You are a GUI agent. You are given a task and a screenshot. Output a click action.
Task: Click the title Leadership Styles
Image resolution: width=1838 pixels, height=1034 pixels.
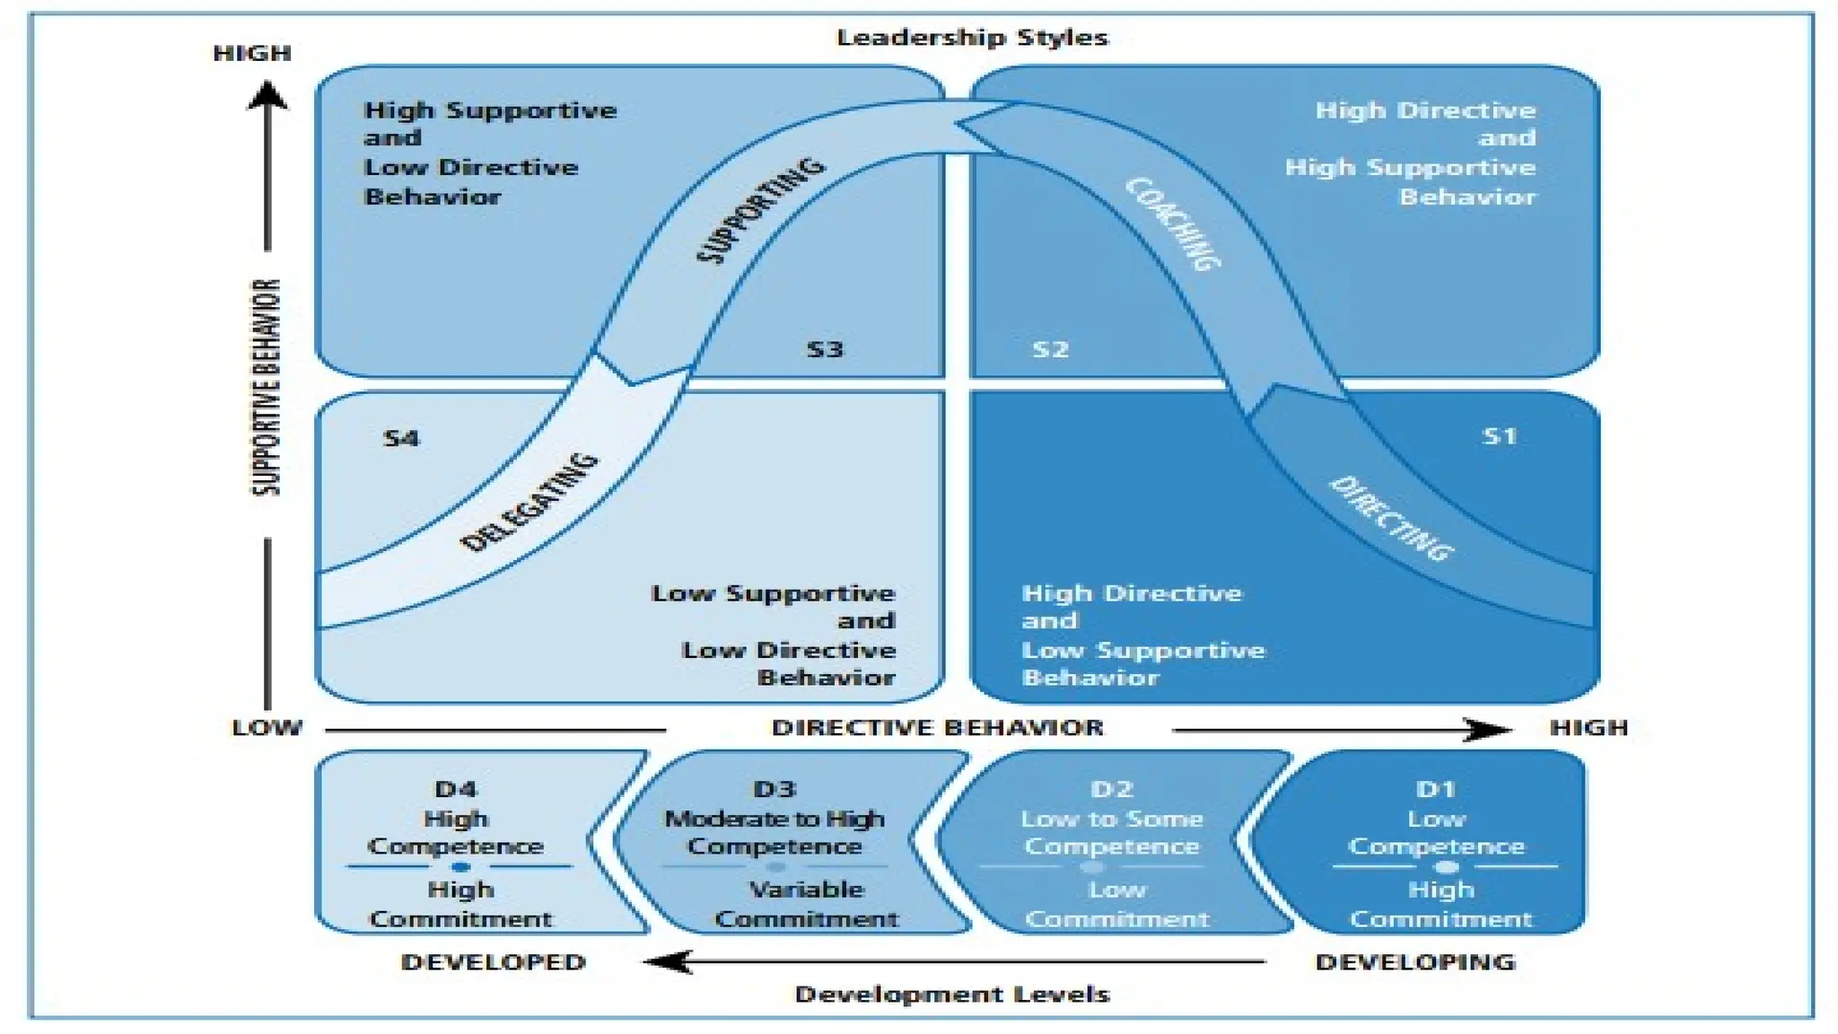click(972, 38)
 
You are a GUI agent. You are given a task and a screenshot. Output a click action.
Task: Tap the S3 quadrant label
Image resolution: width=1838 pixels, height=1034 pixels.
click(825, 349)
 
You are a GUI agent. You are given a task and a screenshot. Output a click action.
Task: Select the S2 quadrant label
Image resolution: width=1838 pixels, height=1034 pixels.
click(1050, 349)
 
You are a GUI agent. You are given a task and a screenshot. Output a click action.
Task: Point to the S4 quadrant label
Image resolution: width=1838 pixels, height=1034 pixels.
click(400, 439)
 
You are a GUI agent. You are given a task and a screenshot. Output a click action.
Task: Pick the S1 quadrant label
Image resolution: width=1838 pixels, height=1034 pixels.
click(1499, 436)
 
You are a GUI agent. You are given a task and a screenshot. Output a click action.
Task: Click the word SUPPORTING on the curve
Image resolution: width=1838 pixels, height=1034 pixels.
click(760, 211)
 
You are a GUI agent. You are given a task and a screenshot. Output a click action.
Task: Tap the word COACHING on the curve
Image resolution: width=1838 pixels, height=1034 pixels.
click(1173, 223)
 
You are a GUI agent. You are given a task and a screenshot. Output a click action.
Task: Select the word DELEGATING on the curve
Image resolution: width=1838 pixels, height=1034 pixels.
click(529, 502)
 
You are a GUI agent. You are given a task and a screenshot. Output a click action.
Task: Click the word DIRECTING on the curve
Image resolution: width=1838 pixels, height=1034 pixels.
click(1390, 518)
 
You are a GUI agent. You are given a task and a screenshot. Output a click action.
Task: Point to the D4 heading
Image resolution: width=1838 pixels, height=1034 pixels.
click(456, 789)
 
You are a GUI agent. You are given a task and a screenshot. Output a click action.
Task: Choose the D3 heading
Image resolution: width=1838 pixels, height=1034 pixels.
click(775, 789)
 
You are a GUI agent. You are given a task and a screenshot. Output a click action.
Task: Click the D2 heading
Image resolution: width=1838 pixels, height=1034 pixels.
click(1112, 789)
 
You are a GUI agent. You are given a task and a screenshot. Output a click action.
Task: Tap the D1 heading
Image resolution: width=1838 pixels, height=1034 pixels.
click(1436, 789)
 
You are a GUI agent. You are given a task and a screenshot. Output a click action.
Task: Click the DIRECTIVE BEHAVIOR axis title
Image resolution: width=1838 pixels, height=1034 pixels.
click(937, 728)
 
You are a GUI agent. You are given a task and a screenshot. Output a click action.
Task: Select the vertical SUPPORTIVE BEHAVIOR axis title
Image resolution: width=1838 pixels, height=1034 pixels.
click(266, 387)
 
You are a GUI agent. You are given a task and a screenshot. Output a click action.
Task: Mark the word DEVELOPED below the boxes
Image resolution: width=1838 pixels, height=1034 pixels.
click(493, 962)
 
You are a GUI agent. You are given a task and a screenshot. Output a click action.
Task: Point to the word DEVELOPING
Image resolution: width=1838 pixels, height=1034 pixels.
click(1415, 962)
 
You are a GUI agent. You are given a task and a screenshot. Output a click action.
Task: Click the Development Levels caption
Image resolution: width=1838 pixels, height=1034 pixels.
click(952, 995)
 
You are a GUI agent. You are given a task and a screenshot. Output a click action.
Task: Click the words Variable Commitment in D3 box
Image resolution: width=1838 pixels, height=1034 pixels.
click(806, 904)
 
